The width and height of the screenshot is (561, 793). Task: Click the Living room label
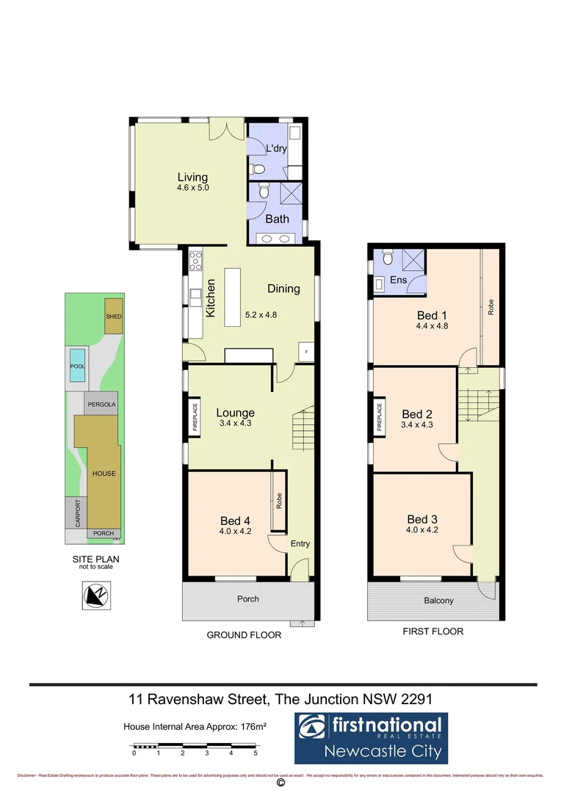point(192,177)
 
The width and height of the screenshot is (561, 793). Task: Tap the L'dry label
point(276,148)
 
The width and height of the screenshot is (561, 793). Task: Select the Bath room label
point(277,219)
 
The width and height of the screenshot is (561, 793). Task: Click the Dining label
point(283,289)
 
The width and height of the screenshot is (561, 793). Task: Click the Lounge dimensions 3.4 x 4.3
point(235,424)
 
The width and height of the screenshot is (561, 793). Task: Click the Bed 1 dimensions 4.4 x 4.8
point(432,326)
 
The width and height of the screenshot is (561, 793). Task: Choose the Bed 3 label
point(421,518)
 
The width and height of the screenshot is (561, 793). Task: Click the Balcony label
point(438,601)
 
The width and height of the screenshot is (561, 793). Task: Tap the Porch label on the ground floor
point(248,599)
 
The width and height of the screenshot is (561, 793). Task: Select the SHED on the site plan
point(114,316)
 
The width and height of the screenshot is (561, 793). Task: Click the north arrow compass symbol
point(95,595)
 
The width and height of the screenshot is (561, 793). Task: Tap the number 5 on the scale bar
point(256,753)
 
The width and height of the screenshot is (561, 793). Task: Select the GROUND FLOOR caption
point(244,635)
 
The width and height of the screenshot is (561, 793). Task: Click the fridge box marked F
point(306,352)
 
